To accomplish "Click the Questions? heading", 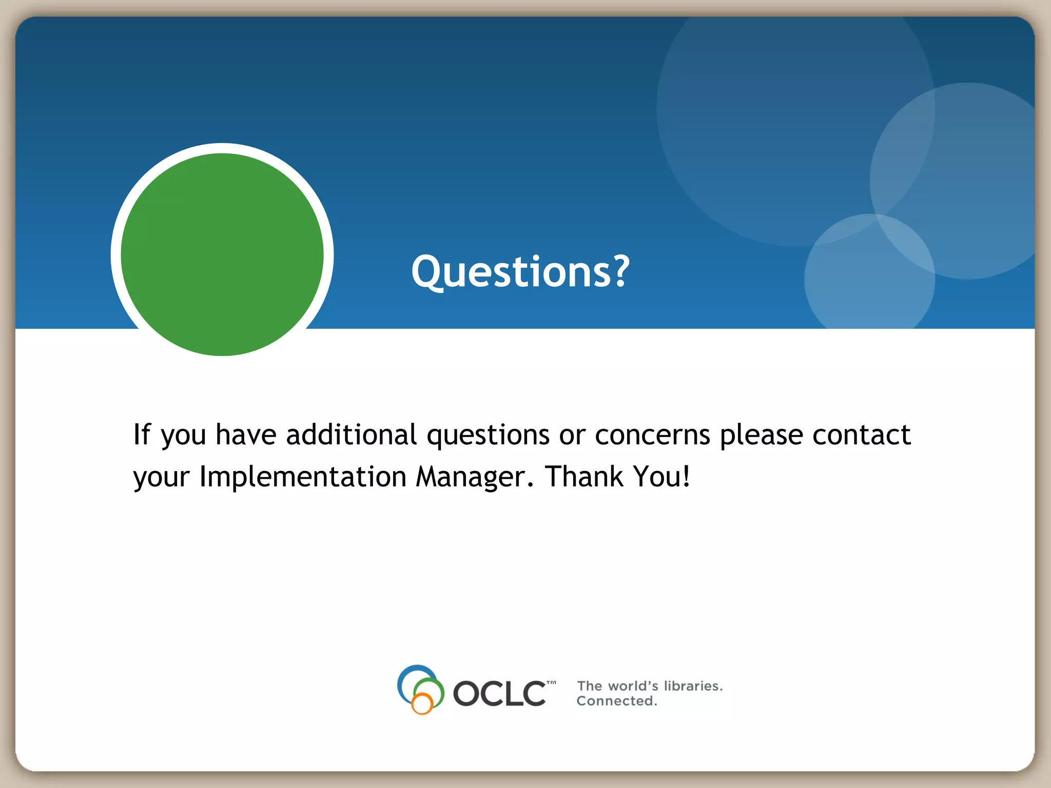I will pyautogui.click(x=520, y=271).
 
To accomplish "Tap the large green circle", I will pyautogui.click(x=222, y=254).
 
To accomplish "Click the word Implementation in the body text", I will pyautogui.click(x=303, y=477).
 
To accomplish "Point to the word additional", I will pyautogui.click(x=352, y=435).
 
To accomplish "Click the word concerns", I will pyautogui.click(x=652, y=436).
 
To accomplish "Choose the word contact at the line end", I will pyautogui.click(x=862, y=435).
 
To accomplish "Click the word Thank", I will pyautogui.click(x=584, y=476).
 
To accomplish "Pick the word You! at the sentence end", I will pyautogui.click(x=661, y=476).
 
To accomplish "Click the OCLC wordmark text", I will pyautogui.click(x=499, y=694).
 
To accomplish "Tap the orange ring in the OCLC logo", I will pyautogui.click(x=422, y=704).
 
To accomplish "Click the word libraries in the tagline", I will pyautogui.click(x=693, y=686).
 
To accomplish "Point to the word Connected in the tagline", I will pyautogui.click(x=616, y=701).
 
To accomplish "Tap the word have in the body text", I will pyautogui.click(x=246, y=435).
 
